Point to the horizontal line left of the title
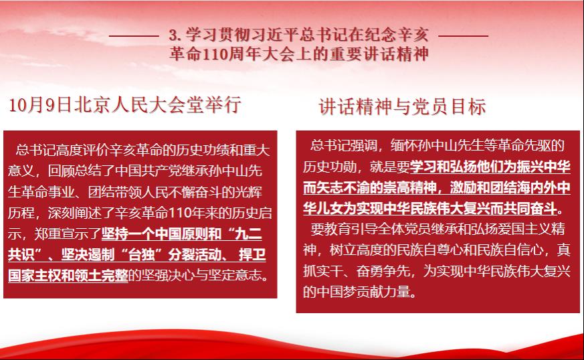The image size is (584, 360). tap(134, 36)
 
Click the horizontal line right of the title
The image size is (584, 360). tap(464, 36)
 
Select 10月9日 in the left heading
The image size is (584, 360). tap(39, 104)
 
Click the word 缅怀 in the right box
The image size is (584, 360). tap(404, 145)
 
